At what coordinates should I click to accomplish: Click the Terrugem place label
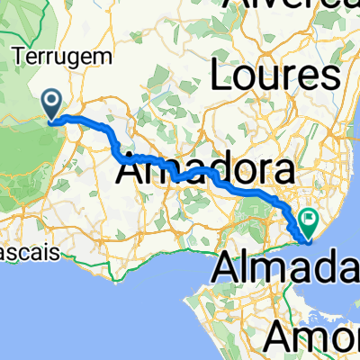click(x=62, y=56)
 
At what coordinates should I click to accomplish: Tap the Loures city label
click(x=275, y=76)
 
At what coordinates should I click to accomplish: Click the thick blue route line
click(x=243, y=191)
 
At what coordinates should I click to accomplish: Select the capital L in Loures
click(x=221, y=76)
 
